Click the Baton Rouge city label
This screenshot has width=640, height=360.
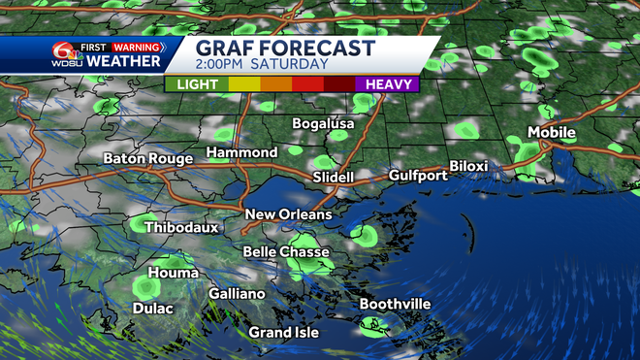(x=148, y=158)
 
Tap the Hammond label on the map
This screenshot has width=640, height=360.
(x=241, y=152)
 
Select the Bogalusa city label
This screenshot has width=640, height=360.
(x=324, y=124)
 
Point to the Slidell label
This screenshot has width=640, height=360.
(x=334, y=178)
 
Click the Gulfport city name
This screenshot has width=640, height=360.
(x=418, y=176)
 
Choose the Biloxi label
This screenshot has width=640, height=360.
(x=468, y=166)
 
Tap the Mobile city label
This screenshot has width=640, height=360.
(x=551, y=132)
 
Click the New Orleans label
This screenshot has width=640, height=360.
(x=288, y=213)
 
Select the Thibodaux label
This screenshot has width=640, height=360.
(x=181, y=228)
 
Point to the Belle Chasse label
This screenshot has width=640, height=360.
(x=279, y=252)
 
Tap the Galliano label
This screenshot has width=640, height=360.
(x=237, y=293)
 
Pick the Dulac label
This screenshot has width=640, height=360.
(x=152, y=308)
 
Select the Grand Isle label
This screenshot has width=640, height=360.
(x=283, y=333)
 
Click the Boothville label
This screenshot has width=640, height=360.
(x=395, y=304)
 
